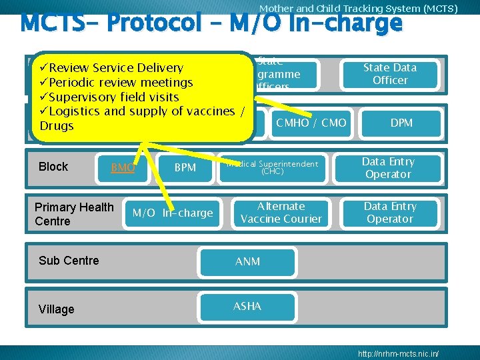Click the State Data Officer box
[x=390, y=74]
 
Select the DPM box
[x=401, y=123]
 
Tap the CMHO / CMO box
[x=311, y=123]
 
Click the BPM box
[x=185, y=167]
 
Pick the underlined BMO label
[x=123, y=167]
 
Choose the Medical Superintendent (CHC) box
[x=272, y=167]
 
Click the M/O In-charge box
[x=173, y=213]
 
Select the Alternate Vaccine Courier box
[x=281, y=213]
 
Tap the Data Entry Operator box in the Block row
[x=389, y=168]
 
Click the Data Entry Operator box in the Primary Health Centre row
[x=390, y=213]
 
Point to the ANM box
[x=247, y=262]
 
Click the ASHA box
[x=247, y=307]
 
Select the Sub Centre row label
[x=69, y=261]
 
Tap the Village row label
[x=57, y=309]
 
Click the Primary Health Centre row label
[x=74, y=214]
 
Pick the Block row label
[x=53, y=167]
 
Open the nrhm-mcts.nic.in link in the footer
[x=398, y=352]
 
